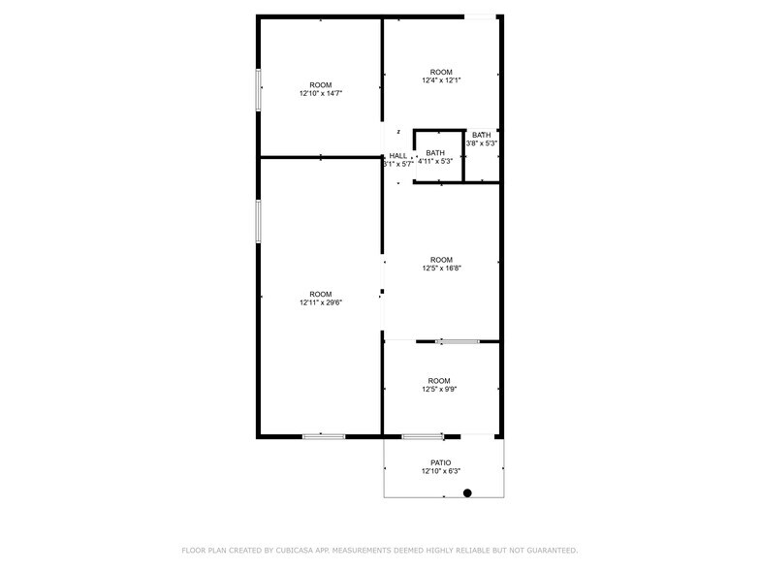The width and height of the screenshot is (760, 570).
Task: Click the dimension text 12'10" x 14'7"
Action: pos(320,93)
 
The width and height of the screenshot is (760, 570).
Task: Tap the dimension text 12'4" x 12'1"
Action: pos(441,80)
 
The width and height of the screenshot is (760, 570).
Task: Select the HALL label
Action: pos(398,155)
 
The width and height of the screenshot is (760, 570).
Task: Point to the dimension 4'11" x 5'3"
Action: pos(435,161)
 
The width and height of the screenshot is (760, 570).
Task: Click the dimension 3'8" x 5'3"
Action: pos(482,143)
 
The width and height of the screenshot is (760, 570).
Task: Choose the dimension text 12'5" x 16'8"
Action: pos(441,269)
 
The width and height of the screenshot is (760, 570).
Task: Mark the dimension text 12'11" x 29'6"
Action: pos(320,302)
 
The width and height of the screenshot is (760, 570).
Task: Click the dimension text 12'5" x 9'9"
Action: pos(439,390)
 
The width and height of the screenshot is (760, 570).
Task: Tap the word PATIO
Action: pos(441,462)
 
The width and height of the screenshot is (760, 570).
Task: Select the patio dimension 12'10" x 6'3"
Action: pos(441,472)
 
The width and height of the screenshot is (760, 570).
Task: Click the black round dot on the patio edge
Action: pos(467,493)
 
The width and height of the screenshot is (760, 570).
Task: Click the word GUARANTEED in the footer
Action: pos(544,551)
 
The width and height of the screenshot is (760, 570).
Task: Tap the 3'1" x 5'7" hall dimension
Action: pos(398,164)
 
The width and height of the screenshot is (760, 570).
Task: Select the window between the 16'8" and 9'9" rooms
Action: pos(457,341)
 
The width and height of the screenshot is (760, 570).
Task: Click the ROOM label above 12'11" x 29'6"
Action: pos(320,294)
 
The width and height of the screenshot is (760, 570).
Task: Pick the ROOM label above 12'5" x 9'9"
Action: pos(439,381)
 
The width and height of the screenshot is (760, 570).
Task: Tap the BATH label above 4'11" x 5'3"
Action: pos(435,152)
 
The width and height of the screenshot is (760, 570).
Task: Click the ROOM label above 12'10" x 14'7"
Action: pos(320,84)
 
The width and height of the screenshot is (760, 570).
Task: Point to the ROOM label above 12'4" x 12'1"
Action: pos(441,72)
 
